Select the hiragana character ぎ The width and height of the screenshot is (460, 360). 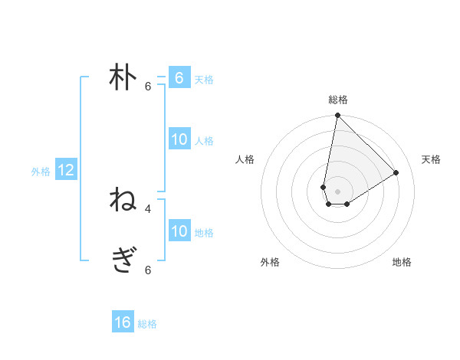[x=123, y=260]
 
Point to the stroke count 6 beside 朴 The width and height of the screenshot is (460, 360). [x=148, y=87]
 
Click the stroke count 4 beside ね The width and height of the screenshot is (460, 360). [x=148, y=208]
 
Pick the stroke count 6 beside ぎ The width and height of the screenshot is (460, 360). [x=148, y=270]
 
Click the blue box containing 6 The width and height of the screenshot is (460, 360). [x=179, y=78]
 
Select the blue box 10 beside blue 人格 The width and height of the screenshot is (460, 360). [x=179, y=139]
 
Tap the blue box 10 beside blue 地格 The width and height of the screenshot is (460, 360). [x=179, y=231]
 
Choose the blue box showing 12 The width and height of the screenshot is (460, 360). [x=66, y=170]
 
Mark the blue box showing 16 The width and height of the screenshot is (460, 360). [x=123, y=322]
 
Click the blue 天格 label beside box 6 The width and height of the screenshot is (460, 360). [x=204, y=80]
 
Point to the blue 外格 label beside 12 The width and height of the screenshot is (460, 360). [x=41, y=172]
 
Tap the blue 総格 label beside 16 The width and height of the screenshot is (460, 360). [x=147, y=324]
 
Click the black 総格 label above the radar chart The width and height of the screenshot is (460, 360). [x=338, y=100]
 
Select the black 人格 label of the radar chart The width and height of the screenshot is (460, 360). [x=245, y=159]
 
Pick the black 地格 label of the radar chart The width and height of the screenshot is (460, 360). [x=402, y=262]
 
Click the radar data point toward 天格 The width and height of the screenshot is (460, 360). [x=396, y=172]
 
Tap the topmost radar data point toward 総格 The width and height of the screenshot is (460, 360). [x=337, y=116]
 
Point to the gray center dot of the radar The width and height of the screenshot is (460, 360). [x=337, y=191]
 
